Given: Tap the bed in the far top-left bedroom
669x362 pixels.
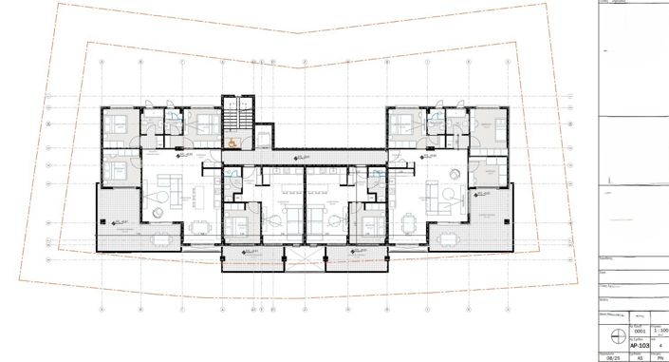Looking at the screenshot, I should (x=119, y=124).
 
